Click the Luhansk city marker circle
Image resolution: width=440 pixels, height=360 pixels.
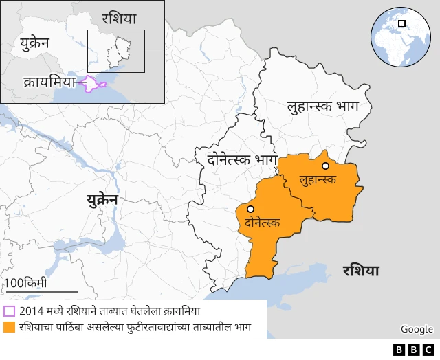325,166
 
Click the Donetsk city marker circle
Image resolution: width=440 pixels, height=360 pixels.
251,209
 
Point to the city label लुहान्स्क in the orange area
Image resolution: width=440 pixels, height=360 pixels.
318,179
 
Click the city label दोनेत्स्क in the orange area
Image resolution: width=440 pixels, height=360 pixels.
262,223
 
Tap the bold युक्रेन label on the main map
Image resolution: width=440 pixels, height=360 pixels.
102,200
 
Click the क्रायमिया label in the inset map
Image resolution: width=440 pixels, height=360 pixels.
49,80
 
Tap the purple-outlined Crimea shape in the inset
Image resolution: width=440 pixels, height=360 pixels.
93,85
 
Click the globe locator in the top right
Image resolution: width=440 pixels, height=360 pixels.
399,36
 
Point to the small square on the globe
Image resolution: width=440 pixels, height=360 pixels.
401,24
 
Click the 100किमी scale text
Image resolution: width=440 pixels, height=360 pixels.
25,283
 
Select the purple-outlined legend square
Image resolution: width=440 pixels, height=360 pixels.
9,311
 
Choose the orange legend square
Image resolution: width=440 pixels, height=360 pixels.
9,327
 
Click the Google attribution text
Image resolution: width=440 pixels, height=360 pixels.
417,330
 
